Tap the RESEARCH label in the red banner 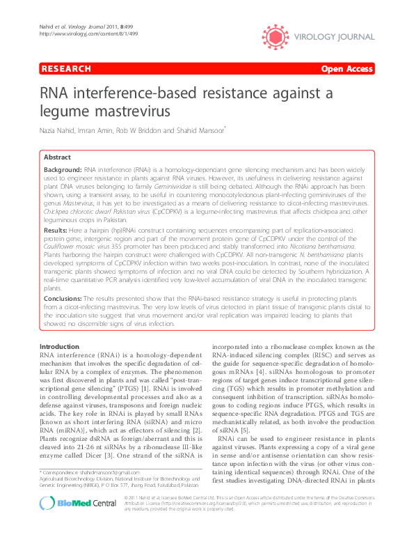click(x=66, y=69)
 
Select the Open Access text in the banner click(x=347, y=69)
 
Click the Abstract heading click(x=58, y=158)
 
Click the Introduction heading click(x=59, y=346)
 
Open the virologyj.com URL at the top click(x=77, y=14)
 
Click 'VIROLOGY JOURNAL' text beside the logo click(x=336, y=32)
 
